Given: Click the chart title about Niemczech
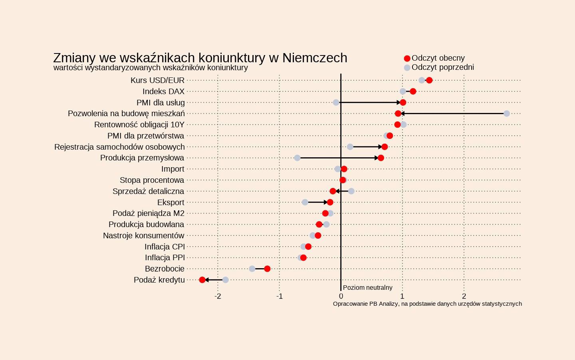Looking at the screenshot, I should click(200, 58).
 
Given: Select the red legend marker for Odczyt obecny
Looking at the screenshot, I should click(407, 59).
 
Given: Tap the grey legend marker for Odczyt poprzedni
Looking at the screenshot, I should click(407, 68).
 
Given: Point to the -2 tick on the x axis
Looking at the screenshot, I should click(218, 296).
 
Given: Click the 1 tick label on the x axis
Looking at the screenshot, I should click(402, 296).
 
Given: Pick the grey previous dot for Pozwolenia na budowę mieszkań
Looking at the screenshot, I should click(507, 114).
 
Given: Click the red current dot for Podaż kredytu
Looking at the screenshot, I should click(202, 280).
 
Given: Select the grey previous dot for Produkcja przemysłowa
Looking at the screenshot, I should click(297, 158).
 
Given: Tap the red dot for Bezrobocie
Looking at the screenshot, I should click(267, 269).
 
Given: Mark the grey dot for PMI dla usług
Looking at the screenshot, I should click(336, 103).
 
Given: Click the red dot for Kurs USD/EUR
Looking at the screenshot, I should click(429, 80).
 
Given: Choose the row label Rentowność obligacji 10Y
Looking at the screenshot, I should click(139, 125).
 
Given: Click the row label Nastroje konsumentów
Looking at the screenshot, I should click(144, 235).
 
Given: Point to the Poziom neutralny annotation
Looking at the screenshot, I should click(367, 287).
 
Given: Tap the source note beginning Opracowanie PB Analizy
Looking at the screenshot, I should click(427, 304).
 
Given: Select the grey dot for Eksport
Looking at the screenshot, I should click(305, 202).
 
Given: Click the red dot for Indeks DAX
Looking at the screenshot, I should click(413, 91).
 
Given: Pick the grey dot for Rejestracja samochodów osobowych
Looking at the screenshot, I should click(350, 147).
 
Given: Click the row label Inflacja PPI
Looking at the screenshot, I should click(165, 257).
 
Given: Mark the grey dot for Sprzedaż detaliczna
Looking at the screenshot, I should click(351, 191).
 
